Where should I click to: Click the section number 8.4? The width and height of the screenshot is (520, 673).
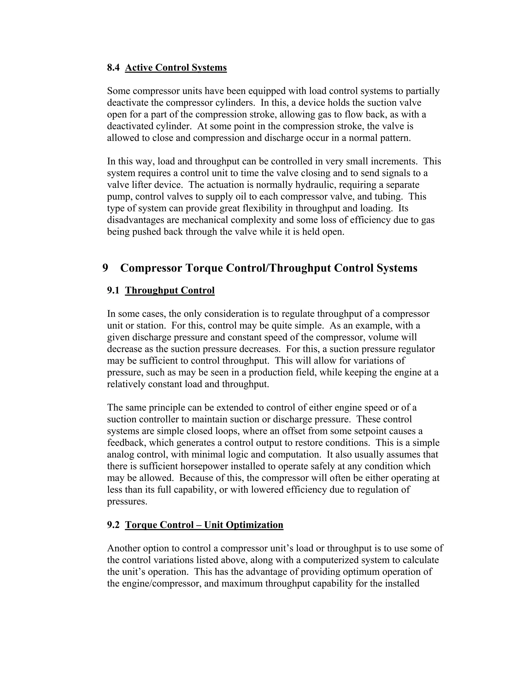[x=113, y=68]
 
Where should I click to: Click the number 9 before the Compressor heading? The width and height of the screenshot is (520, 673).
[x=105, y=268]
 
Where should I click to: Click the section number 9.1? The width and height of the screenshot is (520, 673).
[x=113, y=290]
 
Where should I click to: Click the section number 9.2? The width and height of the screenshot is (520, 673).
[x=113, y=525]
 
